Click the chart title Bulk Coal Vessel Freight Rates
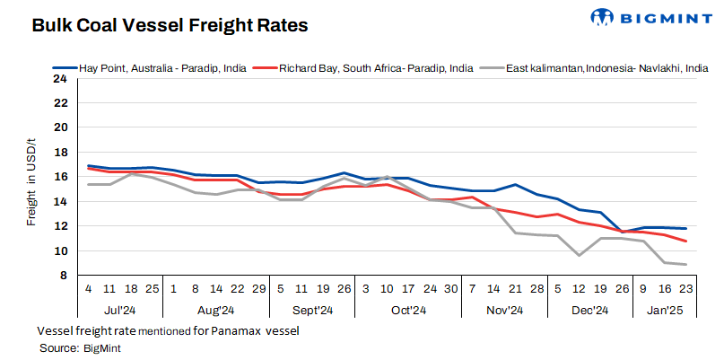click(170, 25)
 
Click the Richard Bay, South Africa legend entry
click(376, 67)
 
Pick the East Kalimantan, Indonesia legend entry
click(601, 67)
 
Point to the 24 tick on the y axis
click(60, 78)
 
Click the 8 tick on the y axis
click(63, 276)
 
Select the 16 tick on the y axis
click(60, 177)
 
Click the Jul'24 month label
click(119, 311)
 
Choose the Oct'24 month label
click(408, 311)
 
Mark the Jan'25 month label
click(666, 311)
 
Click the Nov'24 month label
click(504, 311)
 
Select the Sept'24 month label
click(312, 311)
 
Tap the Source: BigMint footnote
click(80, 347)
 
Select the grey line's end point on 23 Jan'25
click(686, 264)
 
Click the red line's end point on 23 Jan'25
click(686, 241)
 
